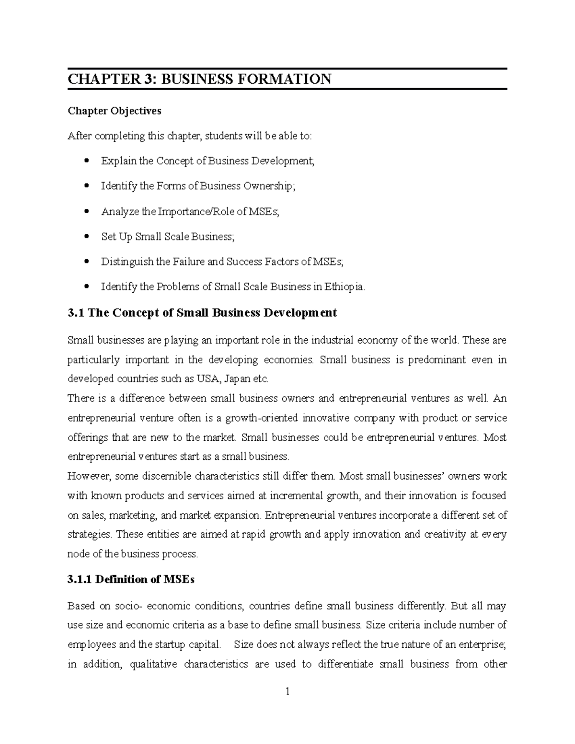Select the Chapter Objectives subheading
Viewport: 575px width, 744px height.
[115, 111]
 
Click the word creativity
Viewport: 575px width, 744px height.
[445, 535]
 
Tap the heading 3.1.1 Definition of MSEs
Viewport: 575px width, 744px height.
[131, 580]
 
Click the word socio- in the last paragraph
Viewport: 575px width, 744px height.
[128, 606]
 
